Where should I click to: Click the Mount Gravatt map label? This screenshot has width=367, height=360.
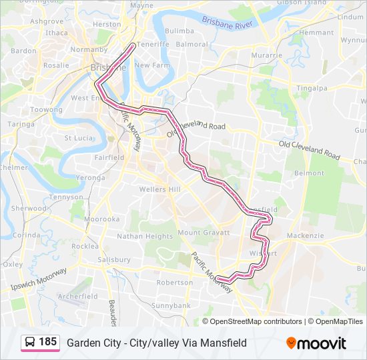pos(199,233)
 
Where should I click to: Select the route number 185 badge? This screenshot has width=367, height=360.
pos(39,343)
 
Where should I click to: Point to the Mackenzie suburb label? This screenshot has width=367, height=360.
pos(307,235)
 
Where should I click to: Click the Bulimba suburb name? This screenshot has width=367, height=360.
pos(179,31)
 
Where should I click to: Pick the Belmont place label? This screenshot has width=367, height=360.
pos(308,173)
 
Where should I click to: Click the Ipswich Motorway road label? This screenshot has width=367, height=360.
pos(40,279)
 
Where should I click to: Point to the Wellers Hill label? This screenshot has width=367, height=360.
pos(159,189)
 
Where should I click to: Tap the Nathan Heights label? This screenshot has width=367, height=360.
pos(145,236)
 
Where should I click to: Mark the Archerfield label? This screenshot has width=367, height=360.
pos(78,296)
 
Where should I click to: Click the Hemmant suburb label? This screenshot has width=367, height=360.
pos(316,32)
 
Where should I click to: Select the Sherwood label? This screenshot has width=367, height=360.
pos(29,208)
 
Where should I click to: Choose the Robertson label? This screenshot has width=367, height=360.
pos(174,282)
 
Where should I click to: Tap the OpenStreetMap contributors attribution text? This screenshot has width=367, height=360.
pos(256,321)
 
